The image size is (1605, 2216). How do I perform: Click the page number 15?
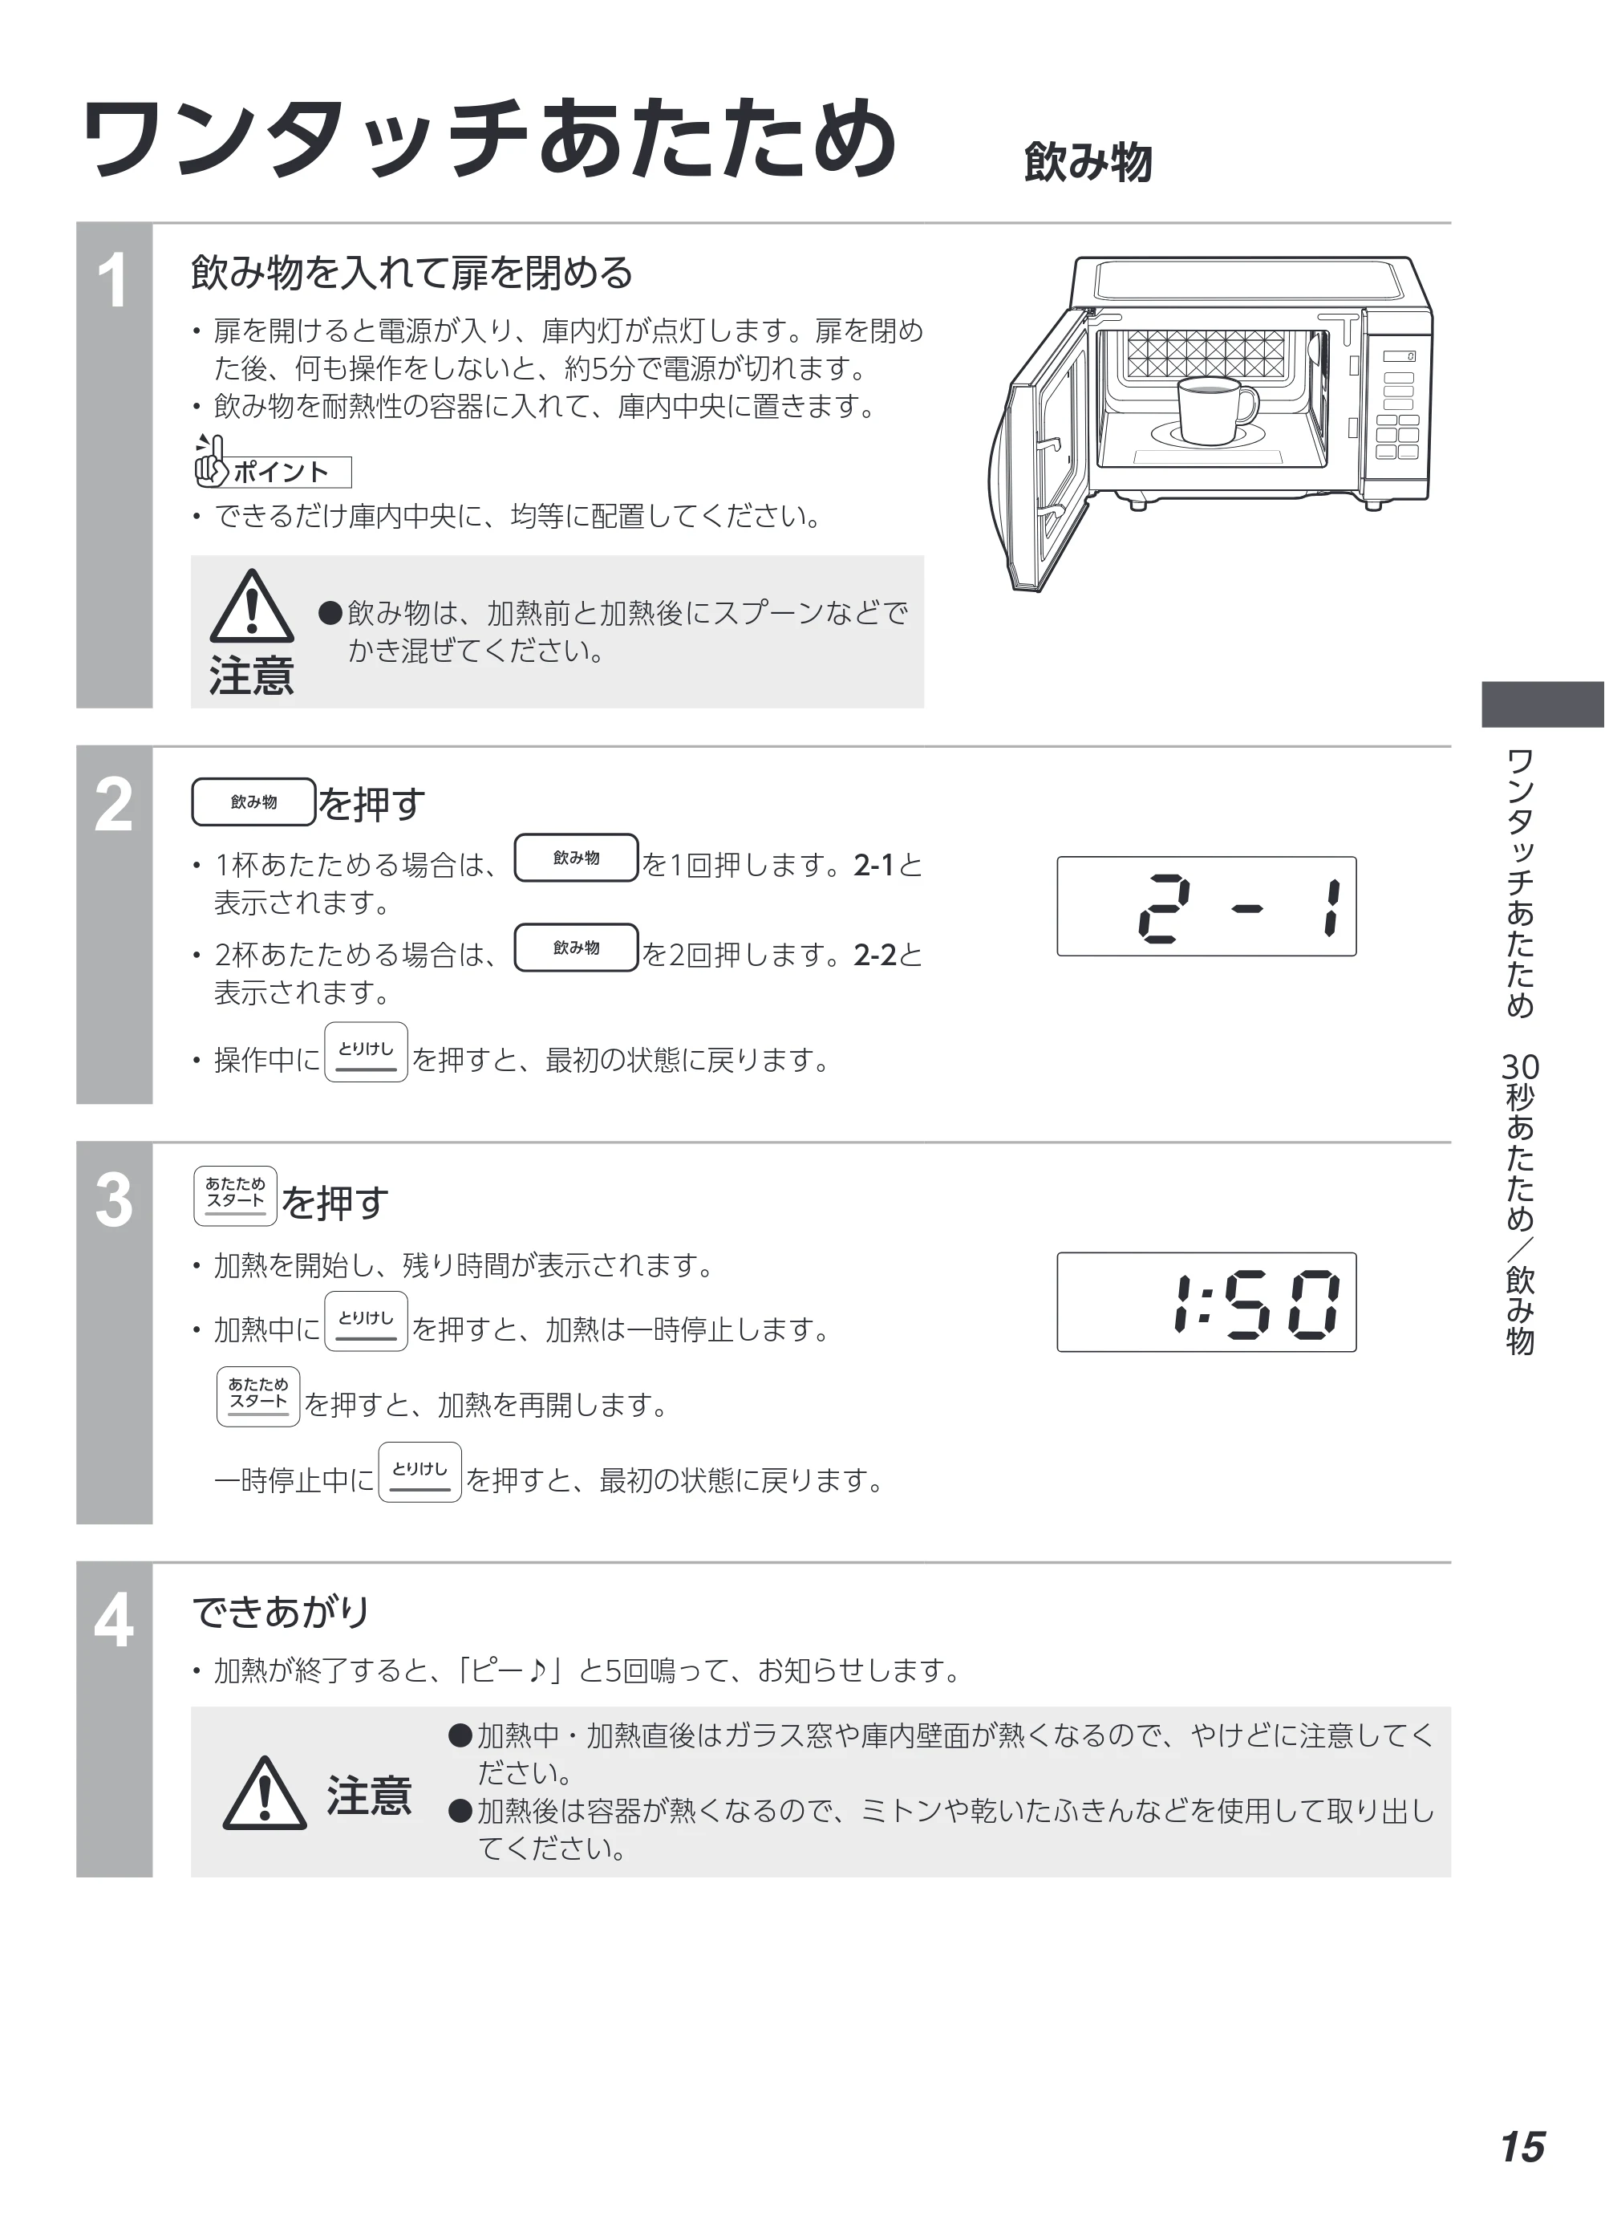pyautogui.click(x=1523, y=2147)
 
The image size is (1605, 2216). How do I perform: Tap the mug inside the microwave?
pyautogui.click(x=1215, y=410)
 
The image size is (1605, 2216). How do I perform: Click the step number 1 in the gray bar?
pyautogui.click(x=113, y=281)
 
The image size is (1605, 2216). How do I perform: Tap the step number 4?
pyautogui.click(x=113, y=1620)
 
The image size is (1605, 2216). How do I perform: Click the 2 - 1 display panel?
pyautogui.click(x=1206, y=906)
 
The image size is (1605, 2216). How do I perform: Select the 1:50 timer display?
pyautogui.click(x=1206, y=1301)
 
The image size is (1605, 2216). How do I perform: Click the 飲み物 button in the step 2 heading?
pyautogui.click(x=254, y=802)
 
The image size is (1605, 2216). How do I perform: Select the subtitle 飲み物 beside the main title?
pyautogui.click(x=1088, y=162)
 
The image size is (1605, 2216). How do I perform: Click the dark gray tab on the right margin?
pyautogui.click(x=1542, y=704)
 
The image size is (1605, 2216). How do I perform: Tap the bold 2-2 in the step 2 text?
pyautogui.click(x=875, y=955)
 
